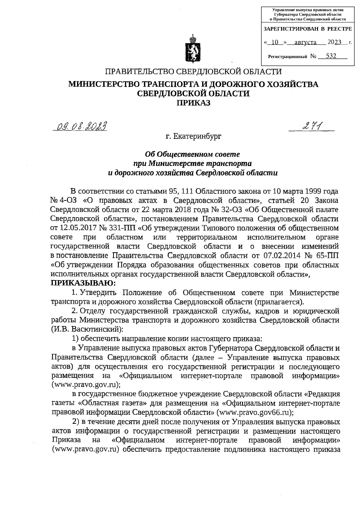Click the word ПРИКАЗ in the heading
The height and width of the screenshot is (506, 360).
click(193, 103)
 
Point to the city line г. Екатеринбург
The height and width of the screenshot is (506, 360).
click(193, 137)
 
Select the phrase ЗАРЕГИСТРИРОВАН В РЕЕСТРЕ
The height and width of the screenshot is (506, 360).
click(307, 29)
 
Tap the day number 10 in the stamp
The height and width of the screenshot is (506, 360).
click(274, 43)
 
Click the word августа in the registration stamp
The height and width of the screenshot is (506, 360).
click(305, 43)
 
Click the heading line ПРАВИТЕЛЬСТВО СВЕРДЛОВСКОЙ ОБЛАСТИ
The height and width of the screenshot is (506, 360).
click(193, 72)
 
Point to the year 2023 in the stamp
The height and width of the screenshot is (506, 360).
click(335, 42)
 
